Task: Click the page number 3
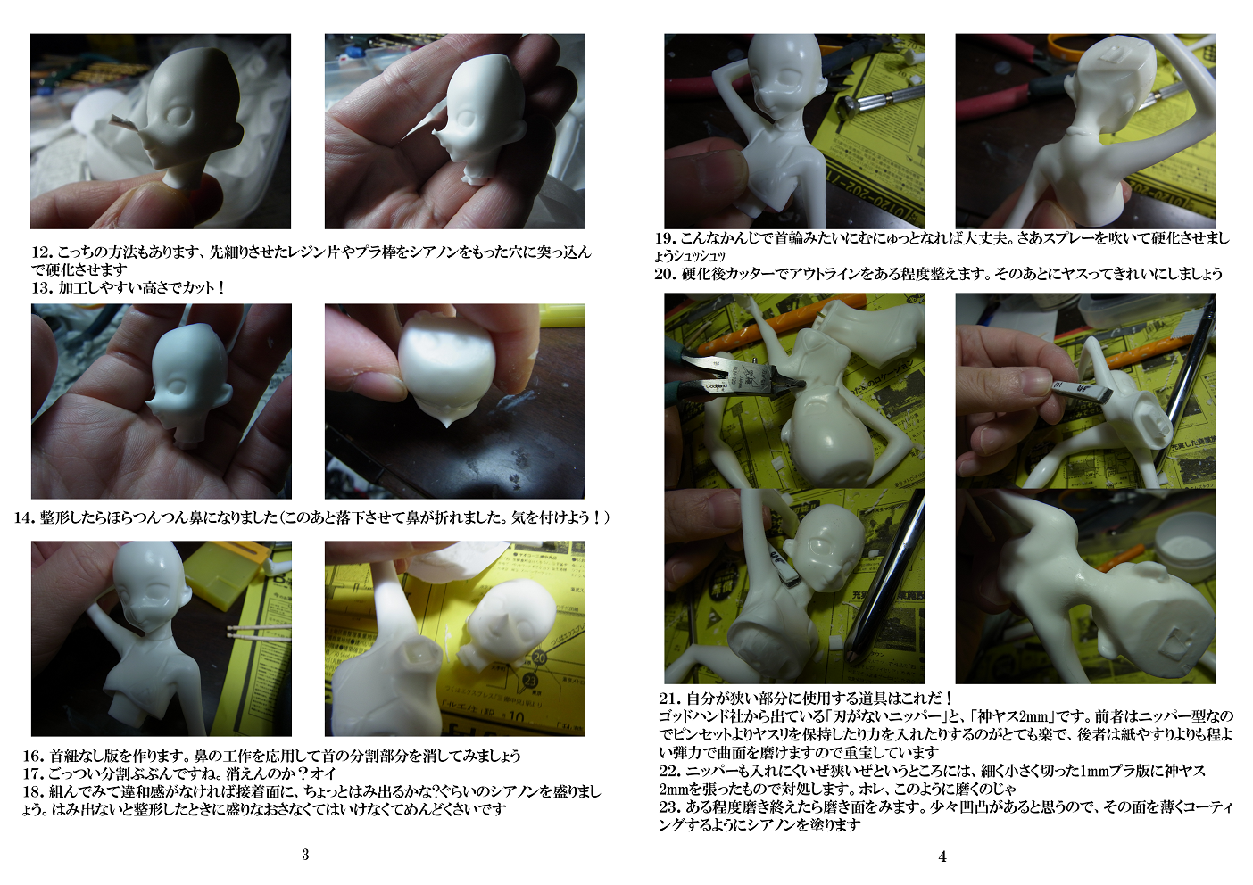(305, 855)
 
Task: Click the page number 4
(942, 856)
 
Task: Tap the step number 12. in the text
(42, 252)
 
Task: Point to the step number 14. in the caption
(25, 517)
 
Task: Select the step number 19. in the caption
(666, 238)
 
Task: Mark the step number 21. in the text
(669, 699)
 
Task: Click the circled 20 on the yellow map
(539, 658)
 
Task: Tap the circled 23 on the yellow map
(529, 682)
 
